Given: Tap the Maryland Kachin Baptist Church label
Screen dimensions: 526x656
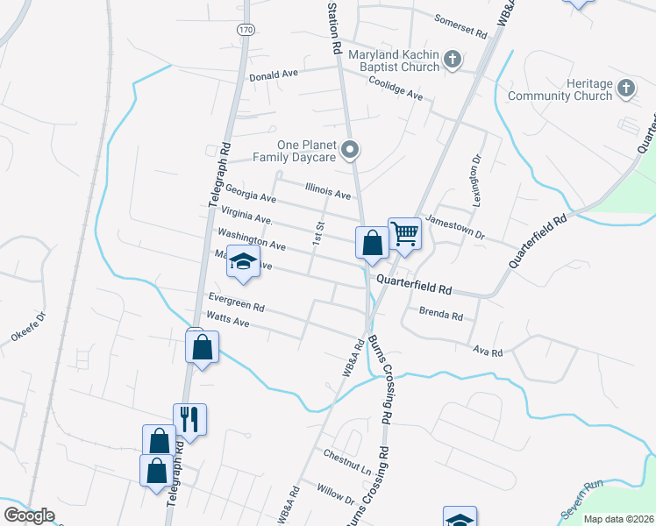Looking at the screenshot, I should click(393, 60).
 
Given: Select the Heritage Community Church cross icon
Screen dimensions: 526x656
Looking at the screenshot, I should click(625, 88).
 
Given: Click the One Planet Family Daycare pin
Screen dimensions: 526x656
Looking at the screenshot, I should click(350, 150).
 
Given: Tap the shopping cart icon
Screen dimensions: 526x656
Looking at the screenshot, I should click(404, 233).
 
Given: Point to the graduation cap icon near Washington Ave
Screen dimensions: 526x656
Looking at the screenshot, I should click(243, 261).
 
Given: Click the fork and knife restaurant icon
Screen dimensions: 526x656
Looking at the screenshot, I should click(189, 419).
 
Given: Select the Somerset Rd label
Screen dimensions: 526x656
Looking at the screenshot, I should click(460, 26).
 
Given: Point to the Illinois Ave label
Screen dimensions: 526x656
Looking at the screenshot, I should click(327, 189).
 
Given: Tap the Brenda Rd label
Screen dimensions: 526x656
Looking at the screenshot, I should click(440, 312).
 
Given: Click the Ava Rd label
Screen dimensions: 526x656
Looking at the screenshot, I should click(487, 352).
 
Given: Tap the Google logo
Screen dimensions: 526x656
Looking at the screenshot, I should click(28, 515).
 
